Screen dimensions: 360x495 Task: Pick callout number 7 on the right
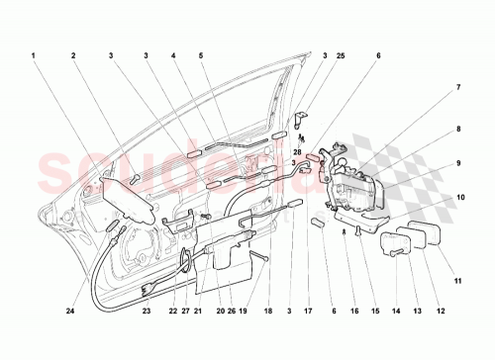(x=458, y=88)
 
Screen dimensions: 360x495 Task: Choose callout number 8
(x=458, y=129)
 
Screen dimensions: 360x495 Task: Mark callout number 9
(x=458, y=164)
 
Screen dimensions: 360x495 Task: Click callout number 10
(x=458, y=199)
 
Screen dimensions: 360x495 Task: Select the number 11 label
(x=458, y=241)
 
